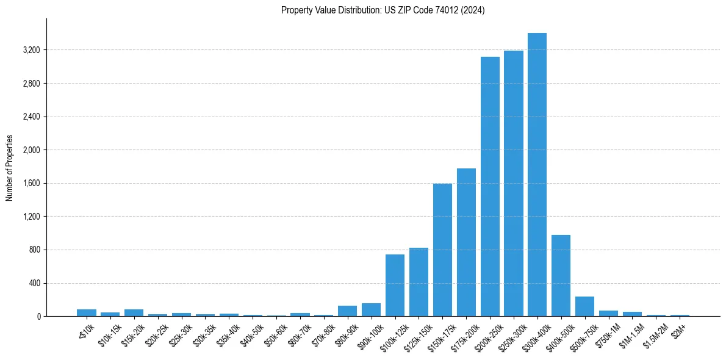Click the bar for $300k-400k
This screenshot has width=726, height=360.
(537, 175)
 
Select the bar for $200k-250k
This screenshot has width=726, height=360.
(490, 187)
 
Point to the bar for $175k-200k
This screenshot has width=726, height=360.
(466, 242)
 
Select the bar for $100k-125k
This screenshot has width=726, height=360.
(395, 286)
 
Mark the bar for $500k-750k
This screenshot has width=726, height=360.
(584, 306)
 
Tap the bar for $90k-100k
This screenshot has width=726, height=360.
(371, 310)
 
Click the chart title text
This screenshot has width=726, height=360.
(383, 10)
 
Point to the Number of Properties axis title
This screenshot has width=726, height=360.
(10, 168)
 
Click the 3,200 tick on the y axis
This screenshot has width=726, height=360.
(31, 50)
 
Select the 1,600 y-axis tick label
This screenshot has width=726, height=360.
(31, 183)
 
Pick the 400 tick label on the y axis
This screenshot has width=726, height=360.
(35, 283)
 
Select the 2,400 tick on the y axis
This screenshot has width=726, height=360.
(31, 117)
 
